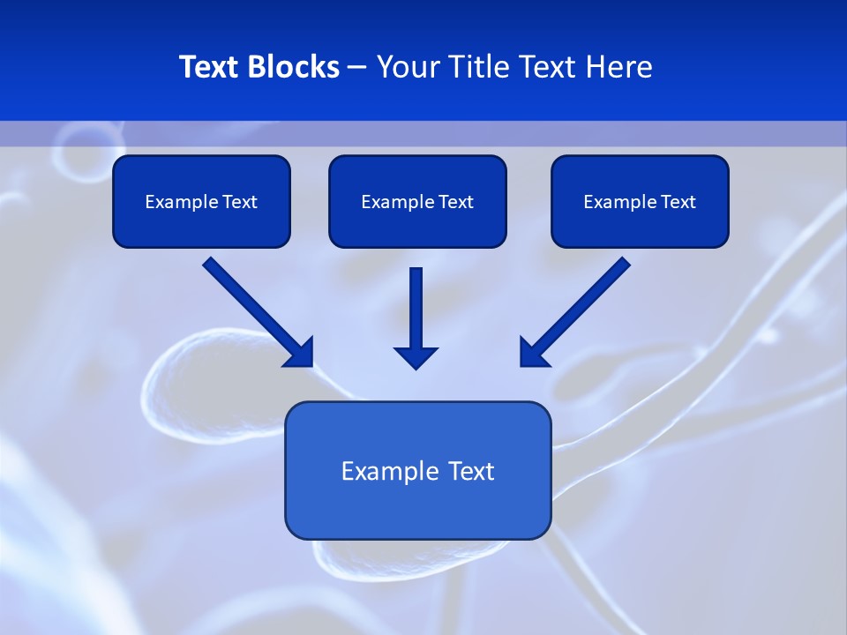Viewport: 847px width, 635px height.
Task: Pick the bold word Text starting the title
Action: coord(212,67)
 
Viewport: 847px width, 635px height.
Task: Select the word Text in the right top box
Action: coord(678,202)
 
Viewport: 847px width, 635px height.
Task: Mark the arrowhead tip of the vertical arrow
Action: coord(416,366)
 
